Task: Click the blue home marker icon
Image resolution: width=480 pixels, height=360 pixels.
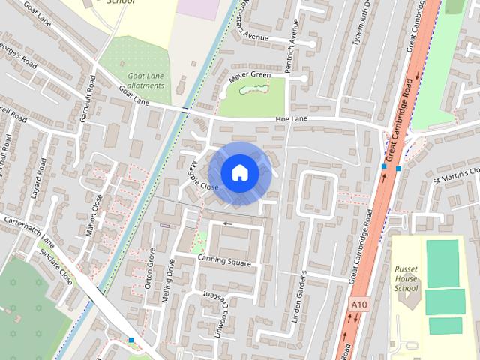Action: tap(239, 173)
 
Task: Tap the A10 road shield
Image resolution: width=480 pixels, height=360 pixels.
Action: tap(358, 304)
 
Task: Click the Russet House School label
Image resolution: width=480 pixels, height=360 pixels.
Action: tap(406, 278)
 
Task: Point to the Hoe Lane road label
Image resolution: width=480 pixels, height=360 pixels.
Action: tap(292, 119)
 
